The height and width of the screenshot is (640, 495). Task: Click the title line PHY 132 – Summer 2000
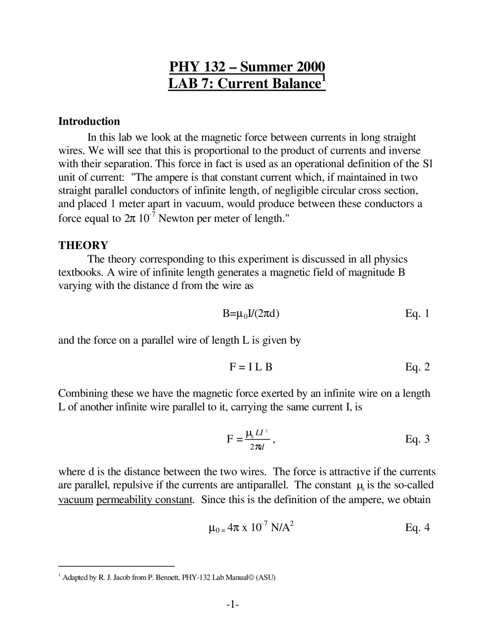(247, 67)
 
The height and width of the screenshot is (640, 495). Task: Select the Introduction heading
(89, 121)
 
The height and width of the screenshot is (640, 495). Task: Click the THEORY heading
(83, 245)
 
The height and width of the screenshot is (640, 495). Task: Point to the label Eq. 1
(417, 313)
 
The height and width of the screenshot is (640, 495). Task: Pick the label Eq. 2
(417, 367)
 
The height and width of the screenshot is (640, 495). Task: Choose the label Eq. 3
(417, 439)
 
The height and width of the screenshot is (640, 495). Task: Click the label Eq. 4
(417, 528)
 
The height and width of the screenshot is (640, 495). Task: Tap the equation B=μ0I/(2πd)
(251, 313)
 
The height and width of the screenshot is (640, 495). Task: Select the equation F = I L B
(251, 367)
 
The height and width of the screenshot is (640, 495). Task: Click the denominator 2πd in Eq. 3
(257, 447)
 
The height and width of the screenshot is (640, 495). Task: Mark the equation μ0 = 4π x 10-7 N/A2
(251, 528)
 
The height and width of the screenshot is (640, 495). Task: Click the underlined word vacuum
(76, 500)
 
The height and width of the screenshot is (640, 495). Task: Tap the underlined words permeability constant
(144, 500)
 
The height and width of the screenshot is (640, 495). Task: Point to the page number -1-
(233, 604)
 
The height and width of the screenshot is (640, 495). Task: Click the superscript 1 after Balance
(324, 78)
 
